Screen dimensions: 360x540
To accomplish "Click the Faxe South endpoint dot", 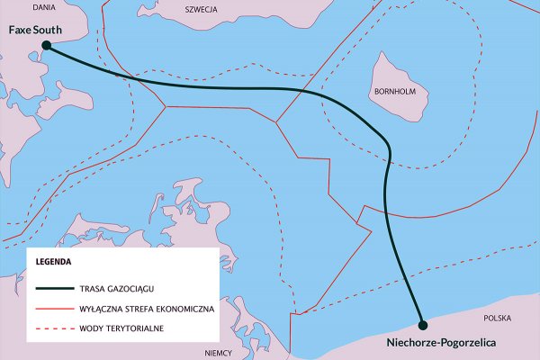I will pos(45,45).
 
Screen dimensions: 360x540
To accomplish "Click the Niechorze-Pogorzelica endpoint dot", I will pos(422,323).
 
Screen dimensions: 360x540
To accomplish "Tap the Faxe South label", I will pos(35,30).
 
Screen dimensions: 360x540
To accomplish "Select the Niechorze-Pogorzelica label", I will pos(440,343).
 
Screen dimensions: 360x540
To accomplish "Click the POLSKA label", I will pos(499,319).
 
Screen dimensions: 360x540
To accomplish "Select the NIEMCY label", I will pos(220,353).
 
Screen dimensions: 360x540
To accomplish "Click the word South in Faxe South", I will pos(47,30).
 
